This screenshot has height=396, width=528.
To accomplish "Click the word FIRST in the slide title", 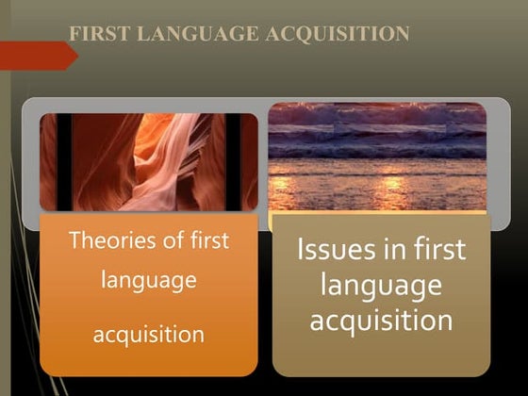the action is point(100,34).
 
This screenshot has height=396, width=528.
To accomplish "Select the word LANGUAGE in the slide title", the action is point(198,34).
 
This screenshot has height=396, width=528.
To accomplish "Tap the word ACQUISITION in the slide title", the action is point(338,34).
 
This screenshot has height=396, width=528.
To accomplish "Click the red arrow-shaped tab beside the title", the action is point(39,56).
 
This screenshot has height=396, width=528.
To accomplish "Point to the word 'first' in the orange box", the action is point(209,239).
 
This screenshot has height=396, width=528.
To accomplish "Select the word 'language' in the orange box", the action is point(149,281).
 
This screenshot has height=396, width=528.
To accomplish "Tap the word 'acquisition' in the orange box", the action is point(149,335).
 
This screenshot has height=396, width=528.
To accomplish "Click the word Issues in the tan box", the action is point(336,249).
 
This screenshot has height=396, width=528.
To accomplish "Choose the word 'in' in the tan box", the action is point(394,249).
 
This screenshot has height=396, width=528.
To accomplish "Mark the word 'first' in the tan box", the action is point(439,249).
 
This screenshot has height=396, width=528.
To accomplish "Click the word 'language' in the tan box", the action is point(381,286).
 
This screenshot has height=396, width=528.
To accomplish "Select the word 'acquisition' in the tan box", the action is point(381,320).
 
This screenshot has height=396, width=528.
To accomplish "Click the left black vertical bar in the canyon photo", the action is point(64,162).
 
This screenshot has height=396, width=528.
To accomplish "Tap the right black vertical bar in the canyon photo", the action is point(233,162).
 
